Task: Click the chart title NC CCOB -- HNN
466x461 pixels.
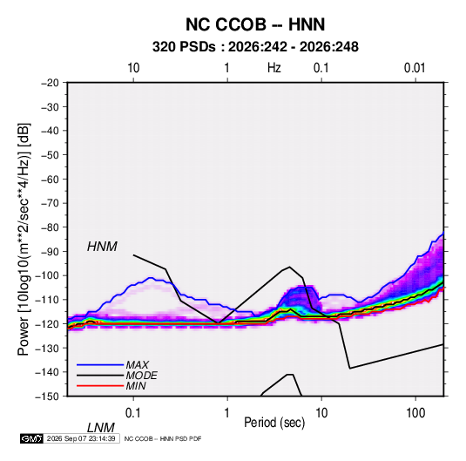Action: (x=255, y=24)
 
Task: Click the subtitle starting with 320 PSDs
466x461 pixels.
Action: (x=255, y=47)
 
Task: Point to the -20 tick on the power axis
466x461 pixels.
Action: (x=50, y=83)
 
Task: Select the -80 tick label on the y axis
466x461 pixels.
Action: (x=50, y=227)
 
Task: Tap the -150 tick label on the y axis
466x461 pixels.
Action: (x=47, y=397)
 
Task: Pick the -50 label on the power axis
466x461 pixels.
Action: (x=50, y=154)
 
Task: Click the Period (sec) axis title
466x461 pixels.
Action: (x=274, y=423)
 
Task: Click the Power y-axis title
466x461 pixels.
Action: (x=24, y=240)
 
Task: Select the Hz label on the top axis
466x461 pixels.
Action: (x=274, y=68)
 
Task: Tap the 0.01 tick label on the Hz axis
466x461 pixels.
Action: (x=415, y=68)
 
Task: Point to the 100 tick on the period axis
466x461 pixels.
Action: (x=415, y=412)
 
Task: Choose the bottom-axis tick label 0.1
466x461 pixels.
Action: (x=133, y=412)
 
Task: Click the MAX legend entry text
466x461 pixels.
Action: (x=138, y=364)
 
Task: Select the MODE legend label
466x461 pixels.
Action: (x=141, y=376)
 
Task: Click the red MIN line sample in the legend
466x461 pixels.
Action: (x=100, y=386)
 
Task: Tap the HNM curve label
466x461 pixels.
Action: (x=102, y=247)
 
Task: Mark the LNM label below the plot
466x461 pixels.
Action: (x=101, y=428)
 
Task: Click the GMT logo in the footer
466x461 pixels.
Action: (x=32, y=438)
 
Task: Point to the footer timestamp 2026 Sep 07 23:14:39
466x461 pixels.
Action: (x=81, y=438)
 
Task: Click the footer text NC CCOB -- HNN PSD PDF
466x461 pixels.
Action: (x=163, y=438)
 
